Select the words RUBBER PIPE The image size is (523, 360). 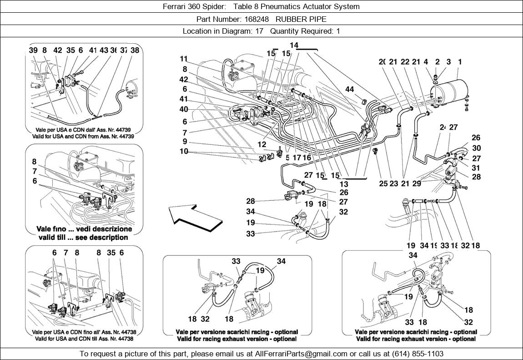(301, 19)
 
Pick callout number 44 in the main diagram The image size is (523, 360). (349, 90)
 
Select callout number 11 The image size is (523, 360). (184, 59)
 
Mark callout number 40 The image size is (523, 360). (184, 109)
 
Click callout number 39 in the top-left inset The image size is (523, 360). (33, 51)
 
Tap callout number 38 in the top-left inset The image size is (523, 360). (135, 51)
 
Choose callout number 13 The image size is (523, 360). (344, 184)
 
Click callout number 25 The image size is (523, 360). (383, 184)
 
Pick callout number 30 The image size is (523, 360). (476, 148)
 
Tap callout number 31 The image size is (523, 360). (476, 167)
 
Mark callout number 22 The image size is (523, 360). (406, 62)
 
